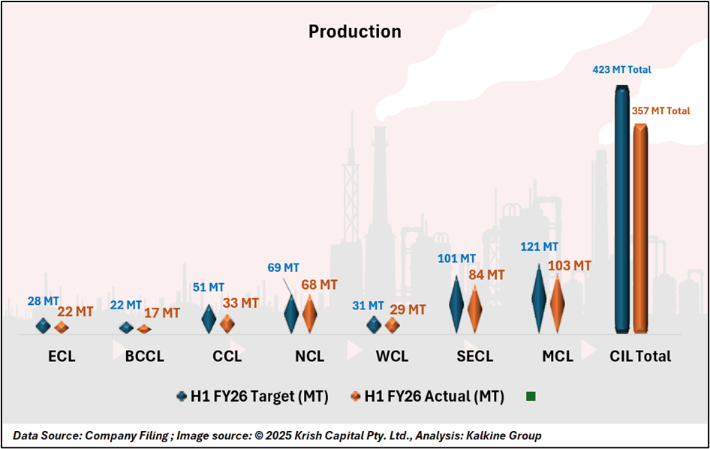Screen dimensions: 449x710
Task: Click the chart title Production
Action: click(x=355, y=32)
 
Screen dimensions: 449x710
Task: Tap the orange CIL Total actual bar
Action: click(x=639, y=228)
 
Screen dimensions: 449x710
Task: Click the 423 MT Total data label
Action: click(x=622, y=70)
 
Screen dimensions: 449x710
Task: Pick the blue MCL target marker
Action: click(x=539, y=298)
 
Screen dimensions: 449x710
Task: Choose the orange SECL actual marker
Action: click(x=474, y=306)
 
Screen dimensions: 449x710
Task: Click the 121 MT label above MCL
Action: click(x=540, y=247)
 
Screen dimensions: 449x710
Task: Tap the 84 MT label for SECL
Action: click(x=486, y=275)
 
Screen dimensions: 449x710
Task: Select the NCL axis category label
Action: click(x=309, y=356)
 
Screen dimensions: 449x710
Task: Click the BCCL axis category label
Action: click(x=145, y=356)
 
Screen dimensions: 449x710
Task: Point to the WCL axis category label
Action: click(x=392, y=356)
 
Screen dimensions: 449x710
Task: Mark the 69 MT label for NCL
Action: click(x=283, y=268)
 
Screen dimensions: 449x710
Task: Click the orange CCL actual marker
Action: click(x=227, y=324)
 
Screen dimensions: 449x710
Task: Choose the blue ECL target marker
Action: click(x=44, y=325)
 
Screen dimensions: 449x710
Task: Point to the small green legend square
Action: click(x=531, y=396)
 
